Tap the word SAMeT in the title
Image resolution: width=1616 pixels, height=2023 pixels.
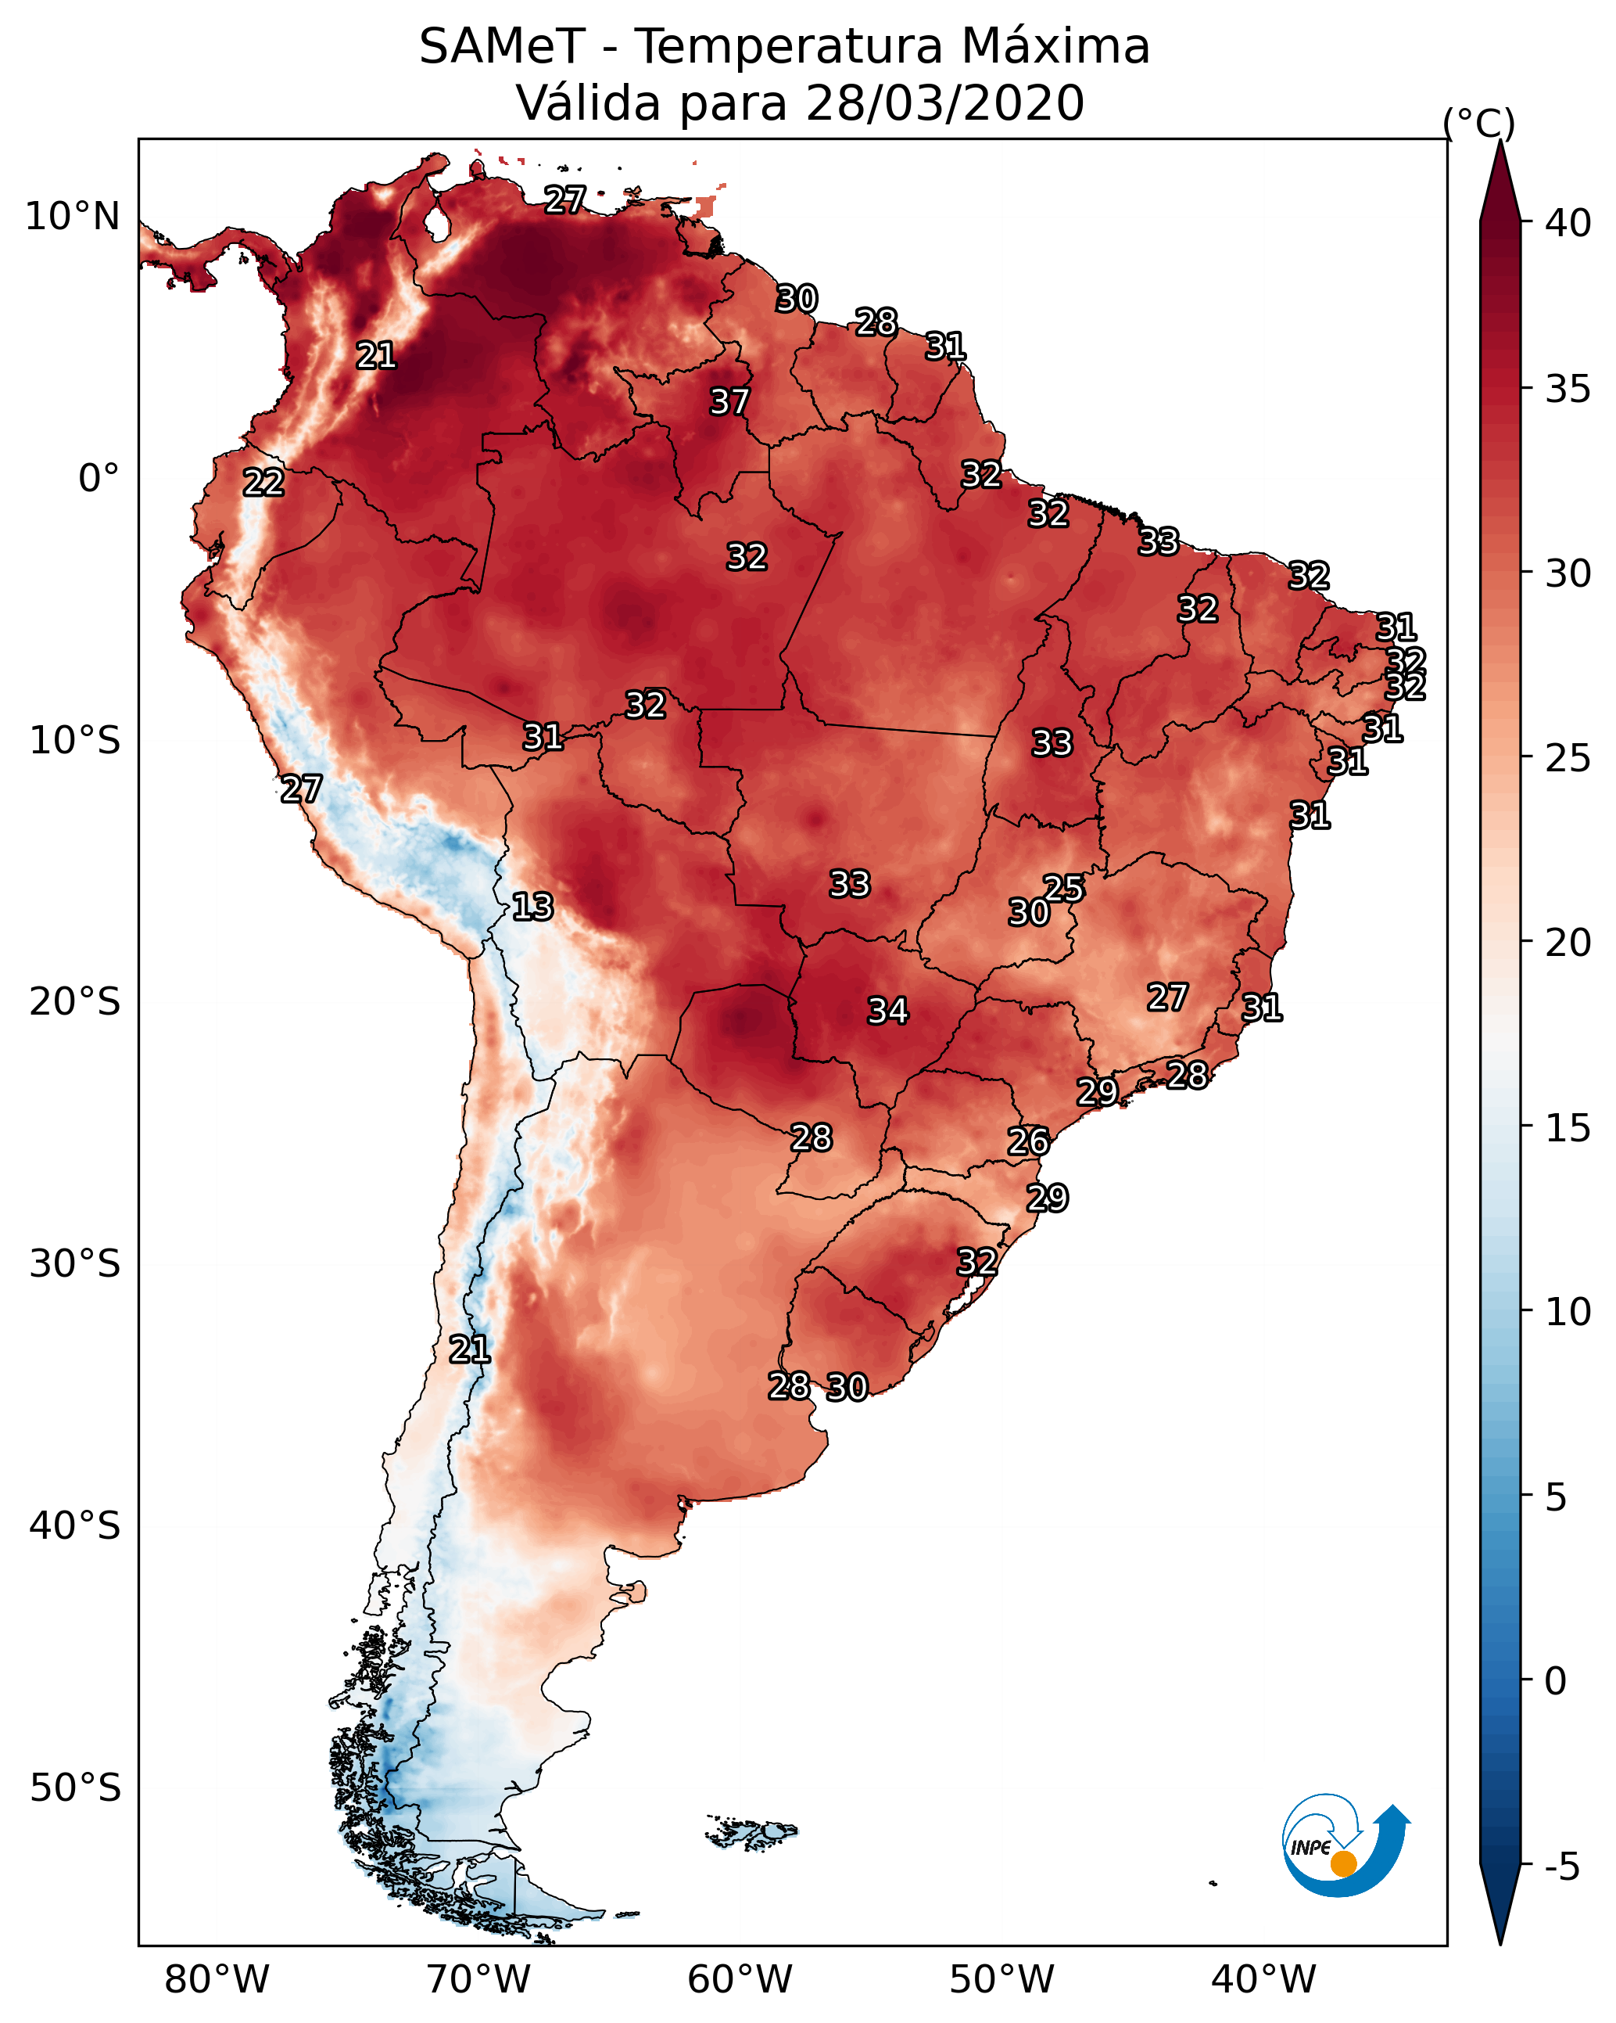[x=502, y=47]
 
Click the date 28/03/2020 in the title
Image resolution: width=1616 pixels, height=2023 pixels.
[x=944, y=103]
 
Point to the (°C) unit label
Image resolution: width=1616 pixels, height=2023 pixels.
[x=1479, y=123]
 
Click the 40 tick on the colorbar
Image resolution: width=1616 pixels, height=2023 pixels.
[x=1568, y=223]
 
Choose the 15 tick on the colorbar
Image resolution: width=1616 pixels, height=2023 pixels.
[x=1568, y=1128]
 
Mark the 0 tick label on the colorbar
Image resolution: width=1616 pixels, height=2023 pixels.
[x=1556, y=1681]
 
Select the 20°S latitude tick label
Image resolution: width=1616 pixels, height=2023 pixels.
[x=75, y=1002]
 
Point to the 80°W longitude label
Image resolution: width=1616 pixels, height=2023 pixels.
[x=217, y=1979]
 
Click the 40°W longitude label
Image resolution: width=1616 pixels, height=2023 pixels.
[x=1263, y=1979]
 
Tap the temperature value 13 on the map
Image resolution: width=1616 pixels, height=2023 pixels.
[x=532, y=907]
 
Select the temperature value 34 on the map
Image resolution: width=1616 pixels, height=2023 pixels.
[x=888, y=1011]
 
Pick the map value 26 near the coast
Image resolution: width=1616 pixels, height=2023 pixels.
[x=1028, y=1142]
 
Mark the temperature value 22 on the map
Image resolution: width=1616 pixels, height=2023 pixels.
[x=263, y=483]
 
